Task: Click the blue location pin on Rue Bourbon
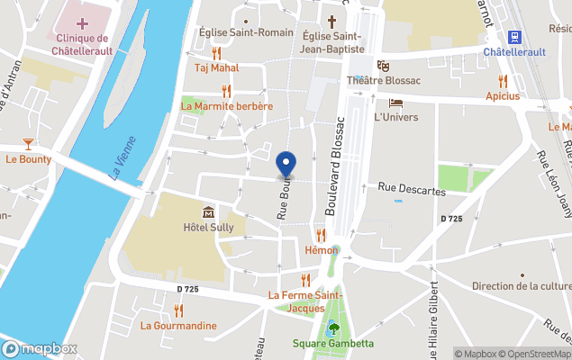[286, 165]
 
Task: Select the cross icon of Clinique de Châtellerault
[83, 22]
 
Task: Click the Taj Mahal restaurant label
[216, 67]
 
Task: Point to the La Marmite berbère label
[227, 106]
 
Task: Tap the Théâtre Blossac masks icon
[383, 65]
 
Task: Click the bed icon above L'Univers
[395, 103]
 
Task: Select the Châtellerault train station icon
[515, 37]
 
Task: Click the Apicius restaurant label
[503, 95]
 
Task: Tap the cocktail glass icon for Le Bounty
[28, 143]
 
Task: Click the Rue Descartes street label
[412, 189]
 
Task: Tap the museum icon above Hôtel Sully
[209, 212]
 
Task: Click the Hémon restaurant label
[322, 250]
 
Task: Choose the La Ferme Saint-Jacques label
[305, 301]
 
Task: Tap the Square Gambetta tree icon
[333, 328]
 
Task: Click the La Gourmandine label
[178, 325]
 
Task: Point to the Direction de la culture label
[522, 286]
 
